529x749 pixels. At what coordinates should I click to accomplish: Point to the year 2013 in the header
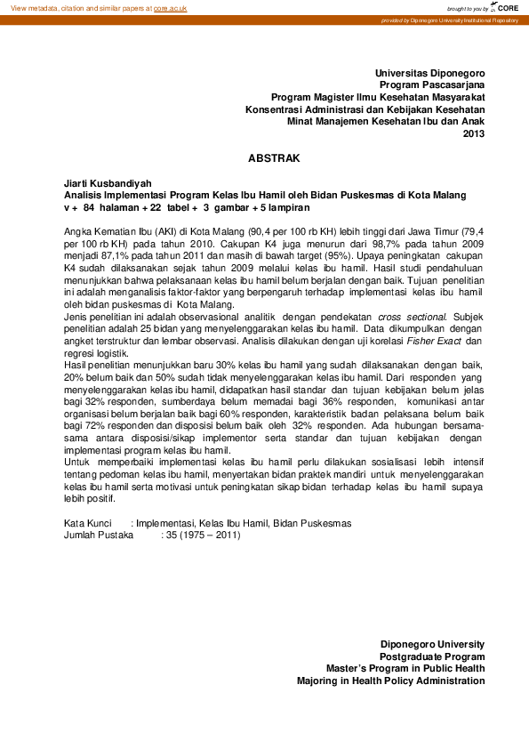tap(474, 134)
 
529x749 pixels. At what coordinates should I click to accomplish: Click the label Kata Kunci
tap(88, 522)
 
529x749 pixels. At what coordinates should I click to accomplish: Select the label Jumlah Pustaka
tap(98, 536)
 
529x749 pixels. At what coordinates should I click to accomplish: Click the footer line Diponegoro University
tap(432, 643)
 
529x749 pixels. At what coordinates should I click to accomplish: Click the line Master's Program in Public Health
tap(405, 668)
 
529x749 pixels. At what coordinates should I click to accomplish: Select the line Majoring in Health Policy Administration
tap(390, 681)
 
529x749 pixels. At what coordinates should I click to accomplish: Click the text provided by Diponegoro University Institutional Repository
tap(449, 20)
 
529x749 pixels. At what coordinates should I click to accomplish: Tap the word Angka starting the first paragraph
tap(79, 229)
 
